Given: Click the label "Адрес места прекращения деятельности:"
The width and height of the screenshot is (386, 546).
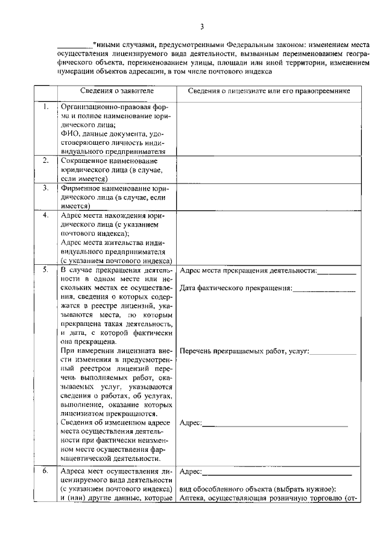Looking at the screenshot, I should pos(248,270).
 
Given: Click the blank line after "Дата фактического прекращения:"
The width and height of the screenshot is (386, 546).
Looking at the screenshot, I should pos(324,288).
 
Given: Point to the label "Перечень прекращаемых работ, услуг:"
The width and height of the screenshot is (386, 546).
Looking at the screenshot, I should pos(244,351).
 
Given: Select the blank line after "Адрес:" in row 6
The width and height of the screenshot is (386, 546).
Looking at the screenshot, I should pos(275,471).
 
